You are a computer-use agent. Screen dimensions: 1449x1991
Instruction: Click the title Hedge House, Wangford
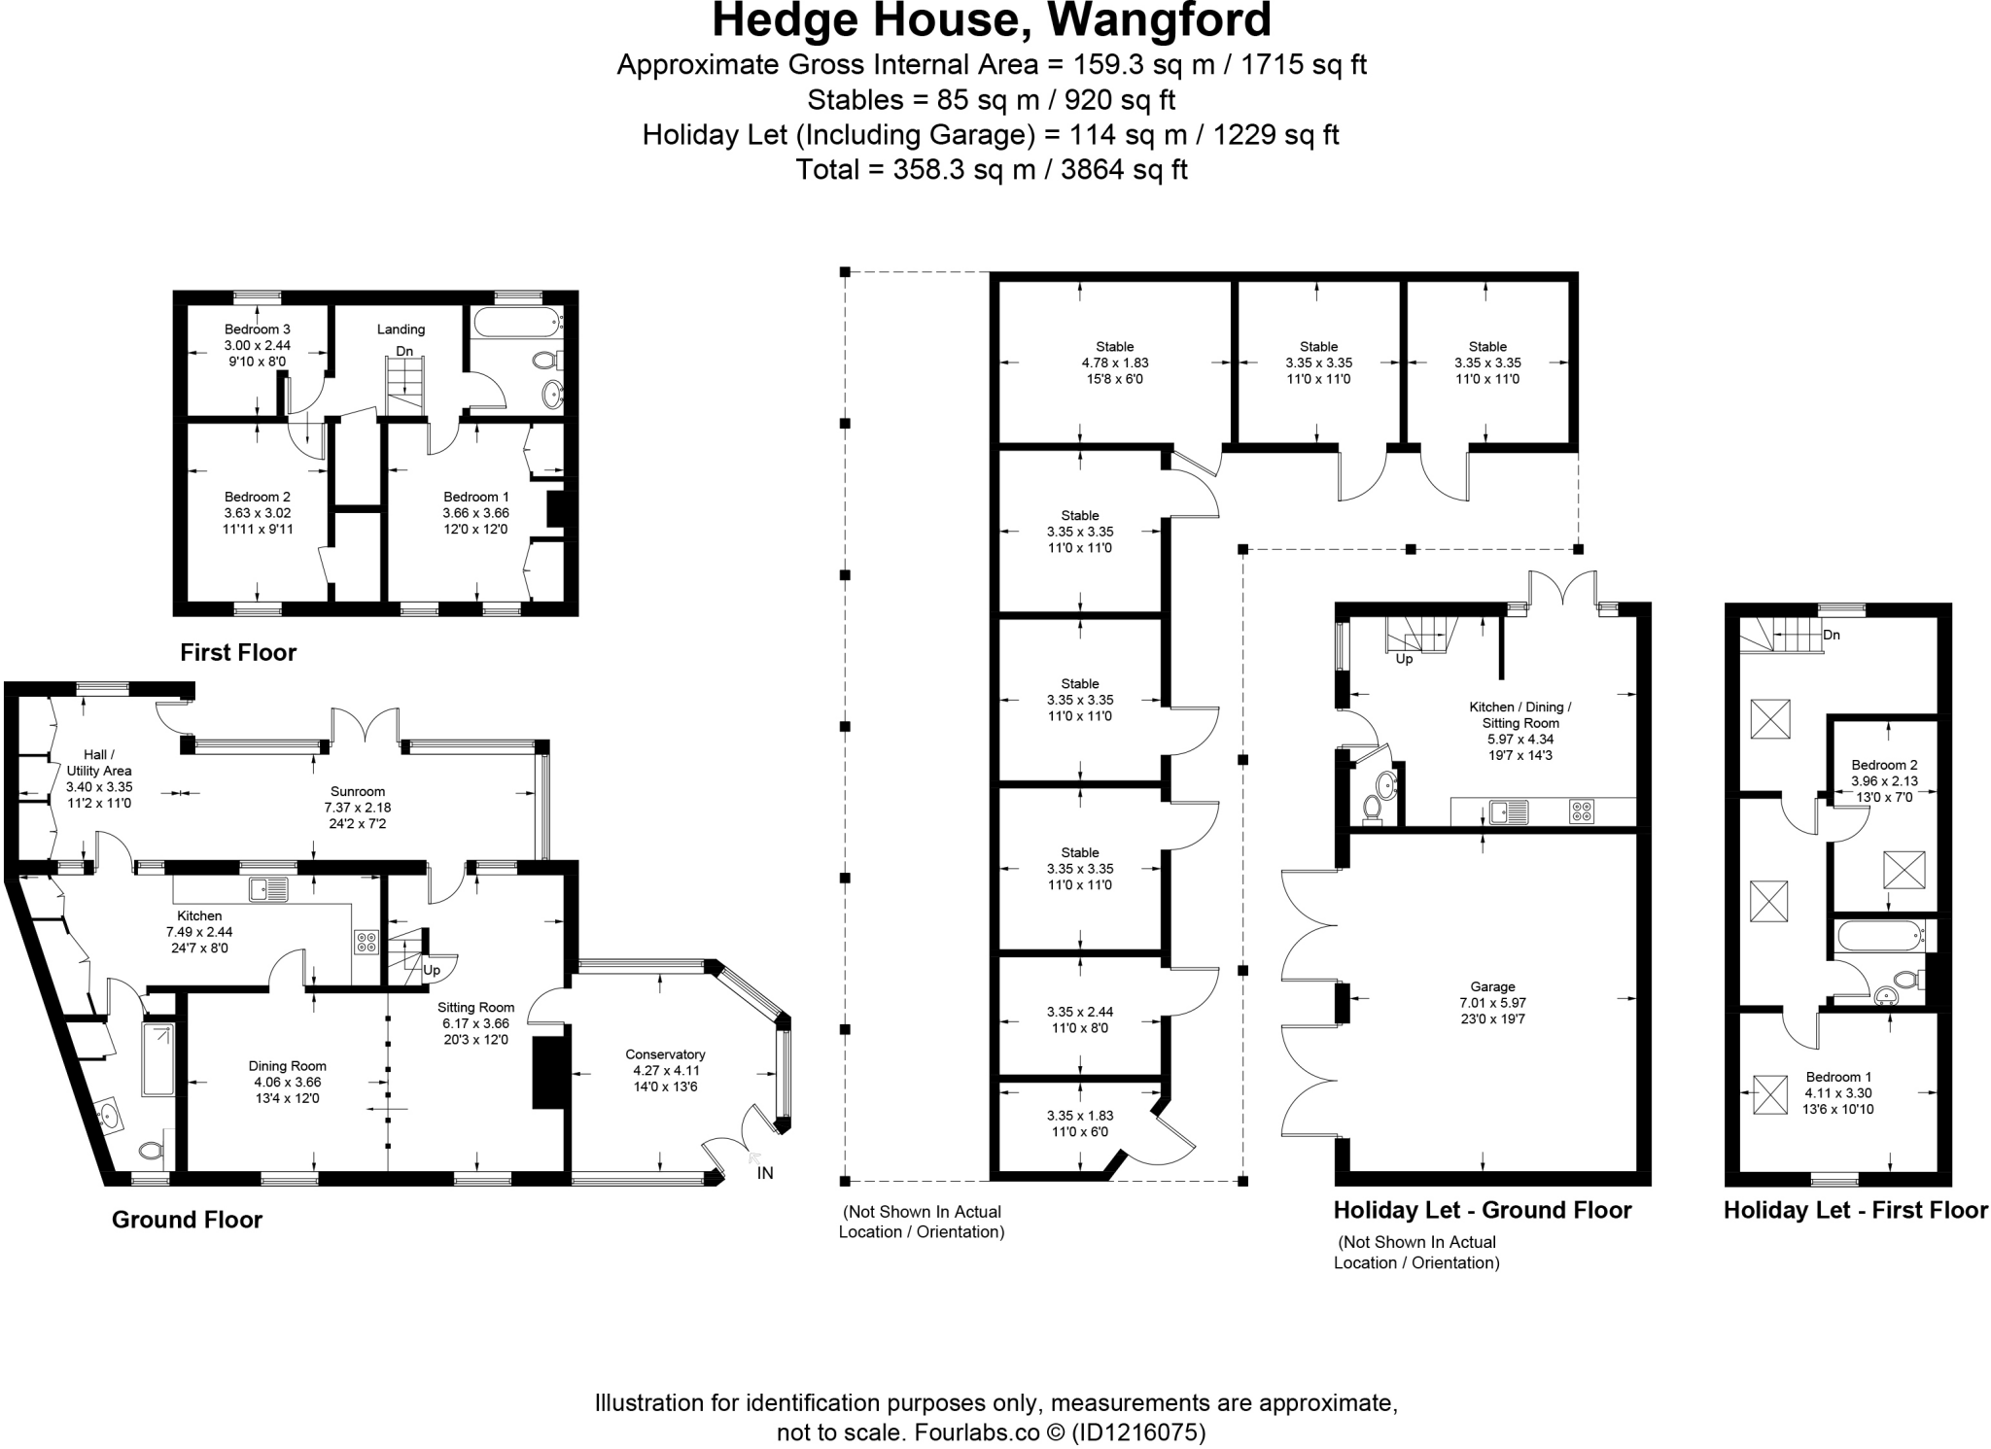[x=992, y=21]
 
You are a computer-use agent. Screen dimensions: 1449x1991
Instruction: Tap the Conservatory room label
[x=665, y=1054]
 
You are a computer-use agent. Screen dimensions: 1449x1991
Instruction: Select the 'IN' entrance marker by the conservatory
[x=765, y=1173]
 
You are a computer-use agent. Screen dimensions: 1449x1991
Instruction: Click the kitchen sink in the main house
[x=268, y=888]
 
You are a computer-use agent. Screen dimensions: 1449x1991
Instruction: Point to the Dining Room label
[x=287, y=1066]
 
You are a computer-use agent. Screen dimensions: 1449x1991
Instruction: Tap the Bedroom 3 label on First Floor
[x=257, y=329]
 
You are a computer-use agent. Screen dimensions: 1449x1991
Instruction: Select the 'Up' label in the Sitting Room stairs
[x=431, y=970]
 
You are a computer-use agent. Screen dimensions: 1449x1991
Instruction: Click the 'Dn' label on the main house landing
[x=404, y=351]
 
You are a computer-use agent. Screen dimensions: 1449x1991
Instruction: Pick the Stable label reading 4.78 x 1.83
[x=1114, y=362]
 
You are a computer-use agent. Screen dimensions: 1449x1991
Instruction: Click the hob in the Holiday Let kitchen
[x=1581, y=811]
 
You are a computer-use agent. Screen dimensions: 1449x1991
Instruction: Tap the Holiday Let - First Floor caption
[x=1855, y=1210]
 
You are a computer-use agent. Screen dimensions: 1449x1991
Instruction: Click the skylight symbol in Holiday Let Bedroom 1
[x=1769, y=1094]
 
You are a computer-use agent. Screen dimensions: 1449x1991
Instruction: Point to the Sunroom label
[x=357, y=791]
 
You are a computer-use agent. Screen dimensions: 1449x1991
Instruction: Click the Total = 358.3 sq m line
[x=992, y=170]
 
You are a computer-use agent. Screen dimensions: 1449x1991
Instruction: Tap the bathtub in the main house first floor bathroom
[x=516, y=320]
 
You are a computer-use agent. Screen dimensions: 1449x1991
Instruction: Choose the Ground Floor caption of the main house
[x=187, y=1220]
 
